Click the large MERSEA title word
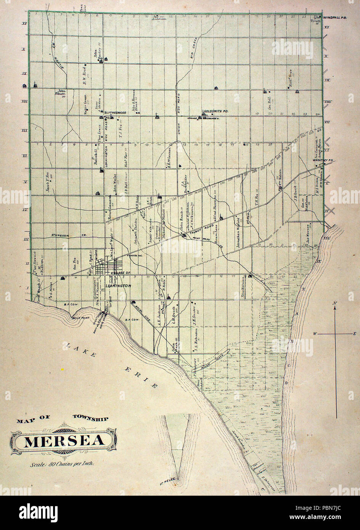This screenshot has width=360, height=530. (x=64, y=441)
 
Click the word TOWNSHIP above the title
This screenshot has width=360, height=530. (x=90, y=419)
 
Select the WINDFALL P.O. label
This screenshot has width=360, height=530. (x=334, y=18)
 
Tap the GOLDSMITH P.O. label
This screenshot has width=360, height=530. (x=216, y=111)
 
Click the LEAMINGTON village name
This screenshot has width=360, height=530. (x=118, y=286)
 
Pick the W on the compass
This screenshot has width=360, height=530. (x=315, y=334)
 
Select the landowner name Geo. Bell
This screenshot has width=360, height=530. (x=270, y=103)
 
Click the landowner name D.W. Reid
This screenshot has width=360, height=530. (x=85, y=76)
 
